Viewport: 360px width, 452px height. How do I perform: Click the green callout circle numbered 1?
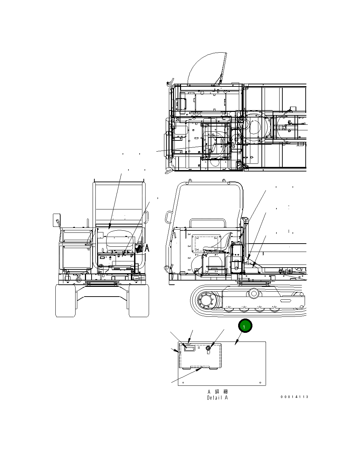pyautogui.click(x=245, y=327)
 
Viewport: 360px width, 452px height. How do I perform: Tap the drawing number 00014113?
pyautogui.click(x=294, y=397)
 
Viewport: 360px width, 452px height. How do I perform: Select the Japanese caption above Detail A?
pyautogui.click(x=218, y=392)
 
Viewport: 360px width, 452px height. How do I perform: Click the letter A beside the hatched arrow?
pyautogui.click(x=147, y=248)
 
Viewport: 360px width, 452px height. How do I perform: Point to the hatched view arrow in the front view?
pyautogui.click(x=140, y=248)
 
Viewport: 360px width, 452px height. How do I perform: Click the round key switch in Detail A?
pyautogui.click(x=209, y=348)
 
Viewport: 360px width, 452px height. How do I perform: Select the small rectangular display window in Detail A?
pyautogui.click(x=190, y=348)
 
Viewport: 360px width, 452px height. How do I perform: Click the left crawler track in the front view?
pyautogui.click(x=65, y=300)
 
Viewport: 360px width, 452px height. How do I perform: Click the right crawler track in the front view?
pyautogui.click(x=139, y=300)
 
